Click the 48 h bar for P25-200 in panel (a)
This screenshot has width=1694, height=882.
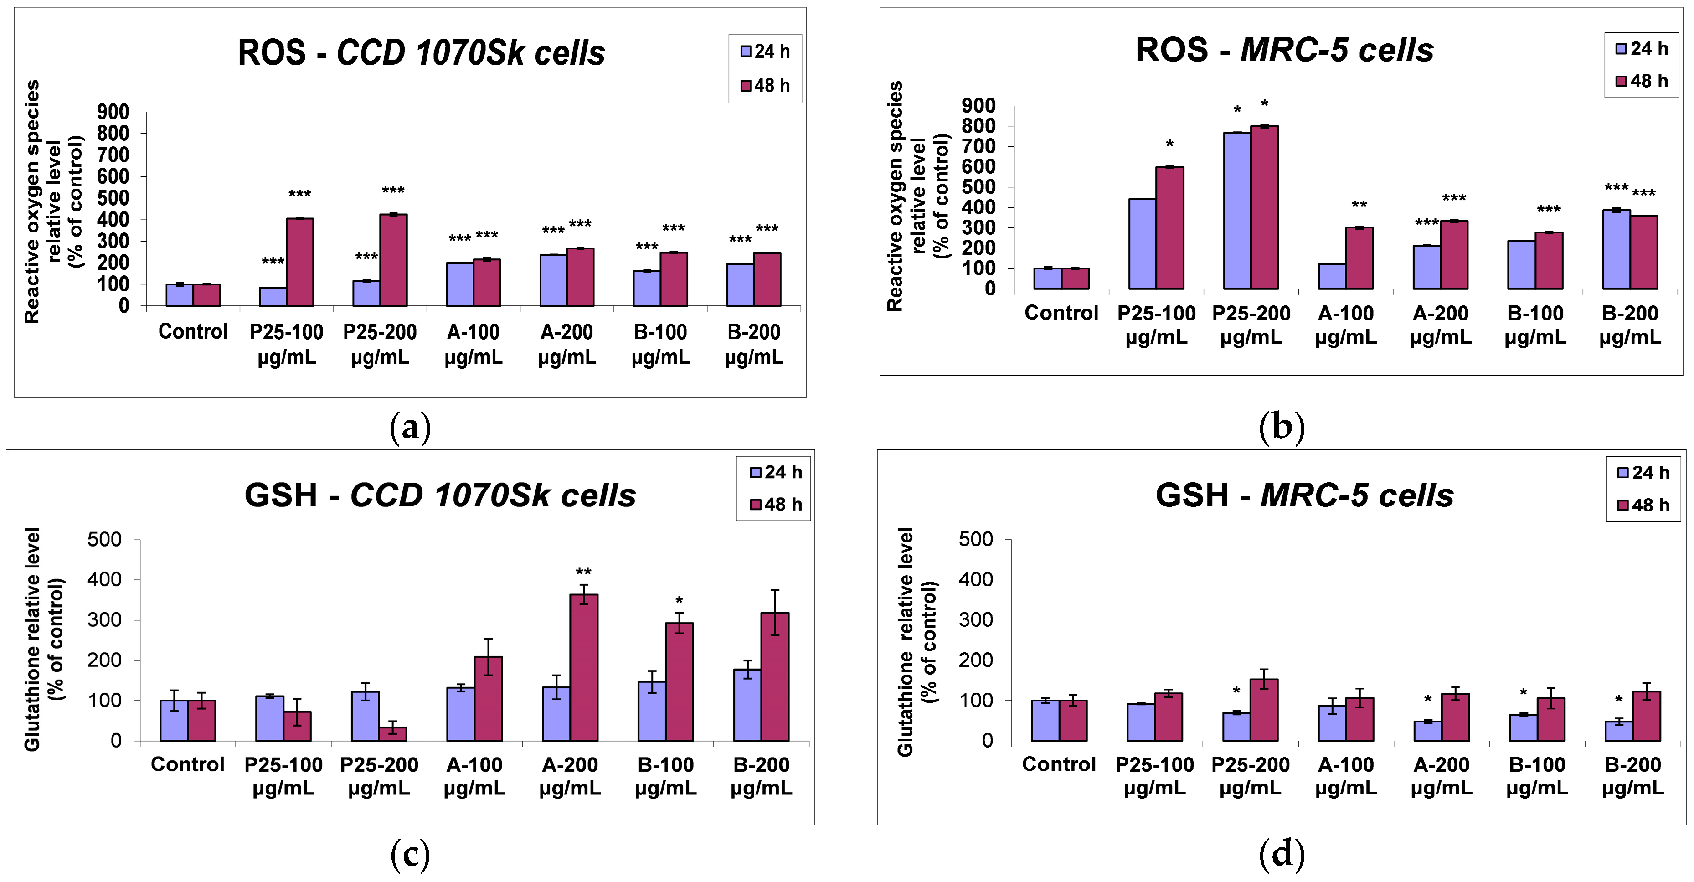point(393,260)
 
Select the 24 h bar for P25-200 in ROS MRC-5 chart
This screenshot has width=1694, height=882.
point(1237,211)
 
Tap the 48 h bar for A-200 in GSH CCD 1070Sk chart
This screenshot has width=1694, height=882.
point(584,668)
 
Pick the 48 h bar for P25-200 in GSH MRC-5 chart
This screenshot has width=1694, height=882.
point(1264,710)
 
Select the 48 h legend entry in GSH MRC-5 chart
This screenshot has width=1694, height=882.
point(1643,505)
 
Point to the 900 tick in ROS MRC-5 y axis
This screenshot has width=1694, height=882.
point(978,105)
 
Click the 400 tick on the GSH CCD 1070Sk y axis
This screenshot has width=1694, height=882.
point(104,579)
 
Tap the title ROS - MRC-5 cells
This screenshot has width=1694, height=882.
point(1284,50)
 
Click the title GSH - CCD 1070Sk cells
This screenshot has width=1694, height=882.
point(440,495)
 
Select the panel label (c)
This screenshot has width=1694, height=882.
point(410,854)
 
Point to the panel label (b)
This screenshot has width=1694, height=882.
point(1282,428)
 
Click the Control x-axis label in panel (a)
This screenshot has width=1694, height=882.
point(193,331)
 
